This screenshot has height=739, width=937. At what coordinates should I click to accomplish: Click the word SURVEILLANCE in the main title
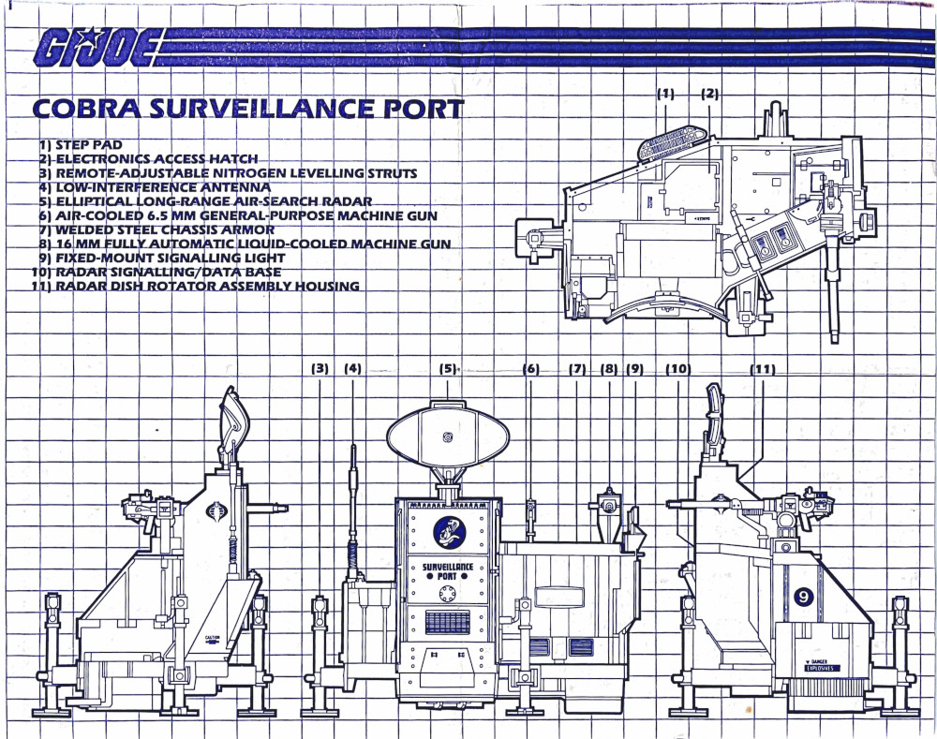click(245, 109)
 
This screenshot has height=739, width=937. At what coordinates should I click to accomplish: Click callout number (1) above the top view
click(665, 94)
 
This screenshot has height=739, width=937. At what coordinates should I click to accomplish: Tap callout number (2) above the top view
click(709, 94)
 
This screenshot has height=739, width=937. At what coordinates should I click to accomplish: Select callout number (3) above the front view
click(320, 369)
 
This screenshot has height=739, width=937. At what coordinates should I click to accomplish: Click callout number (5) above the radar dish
click(448, 369)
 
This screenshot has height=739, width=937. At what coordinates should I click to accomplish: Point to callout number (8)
click(609, 369)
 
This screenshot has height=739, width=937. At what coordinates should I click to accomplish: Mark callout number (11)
click(762, 369)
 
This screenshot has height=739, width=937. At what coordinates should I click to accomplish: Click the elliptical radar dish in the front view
click(448, 436)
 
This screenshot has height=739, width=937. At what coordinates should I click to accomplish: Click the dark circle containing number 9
click(804, 597)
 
